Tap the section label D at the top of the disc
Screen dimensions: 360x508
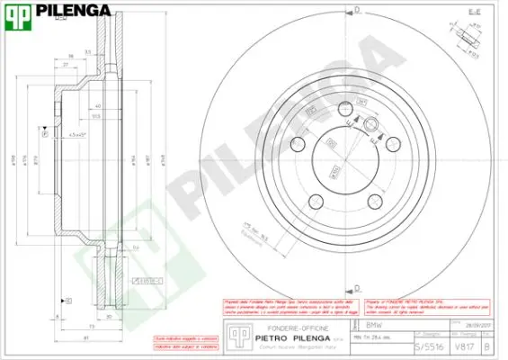point(357,10)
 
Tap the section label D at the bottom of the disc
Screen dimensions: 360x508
point(357,288)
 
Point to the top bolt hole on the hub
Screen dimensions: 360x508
point(345,111)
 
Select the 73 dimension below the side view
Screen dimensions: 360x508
point(92,325)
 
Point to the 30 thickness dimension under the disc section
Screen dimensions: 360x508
point(110,317)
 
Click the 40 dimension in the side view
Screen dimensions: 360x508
point(96,105)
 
